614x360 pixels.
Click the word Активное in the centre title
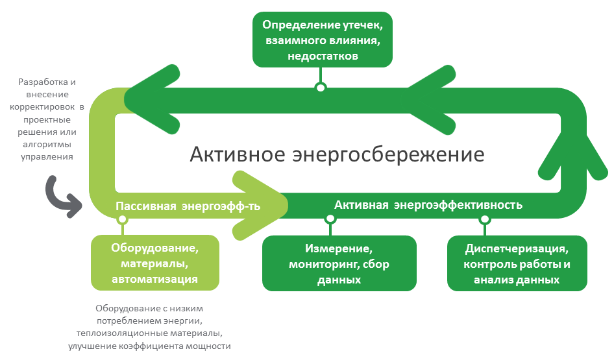(x=238, y=154)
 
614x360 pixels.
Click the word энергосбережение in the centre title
(x=388, y=155)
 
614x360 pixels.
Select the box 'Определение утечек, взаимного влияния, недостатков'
(x=323, y=40)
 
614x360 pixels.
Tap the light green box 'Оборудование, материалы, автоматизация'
(x=155, y=263)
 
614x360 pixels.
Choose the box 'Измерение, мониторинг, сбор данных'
(x=339, y=263)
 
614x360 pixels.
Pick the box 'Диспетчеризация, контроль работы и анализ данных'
(x=517, y=263)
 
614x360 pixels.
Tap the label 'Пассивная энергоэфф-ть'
(x=188, y=206)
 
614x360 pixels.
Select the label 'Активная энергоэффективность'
(x=428, y=205)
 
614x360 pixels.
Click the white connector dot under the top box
(x=321, y=88)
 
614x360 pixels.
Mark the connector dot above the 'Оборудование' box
(x=123, y=219)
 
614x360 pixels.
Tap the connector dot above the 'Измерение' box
(x=330, y=219)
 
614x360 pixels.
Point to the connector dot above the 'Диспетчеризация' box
(x=485, y=219)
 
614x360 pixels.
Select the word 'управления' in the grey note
(x=47, y=158)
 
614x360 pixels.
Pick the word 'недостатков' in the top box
(x=323, y=56)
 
